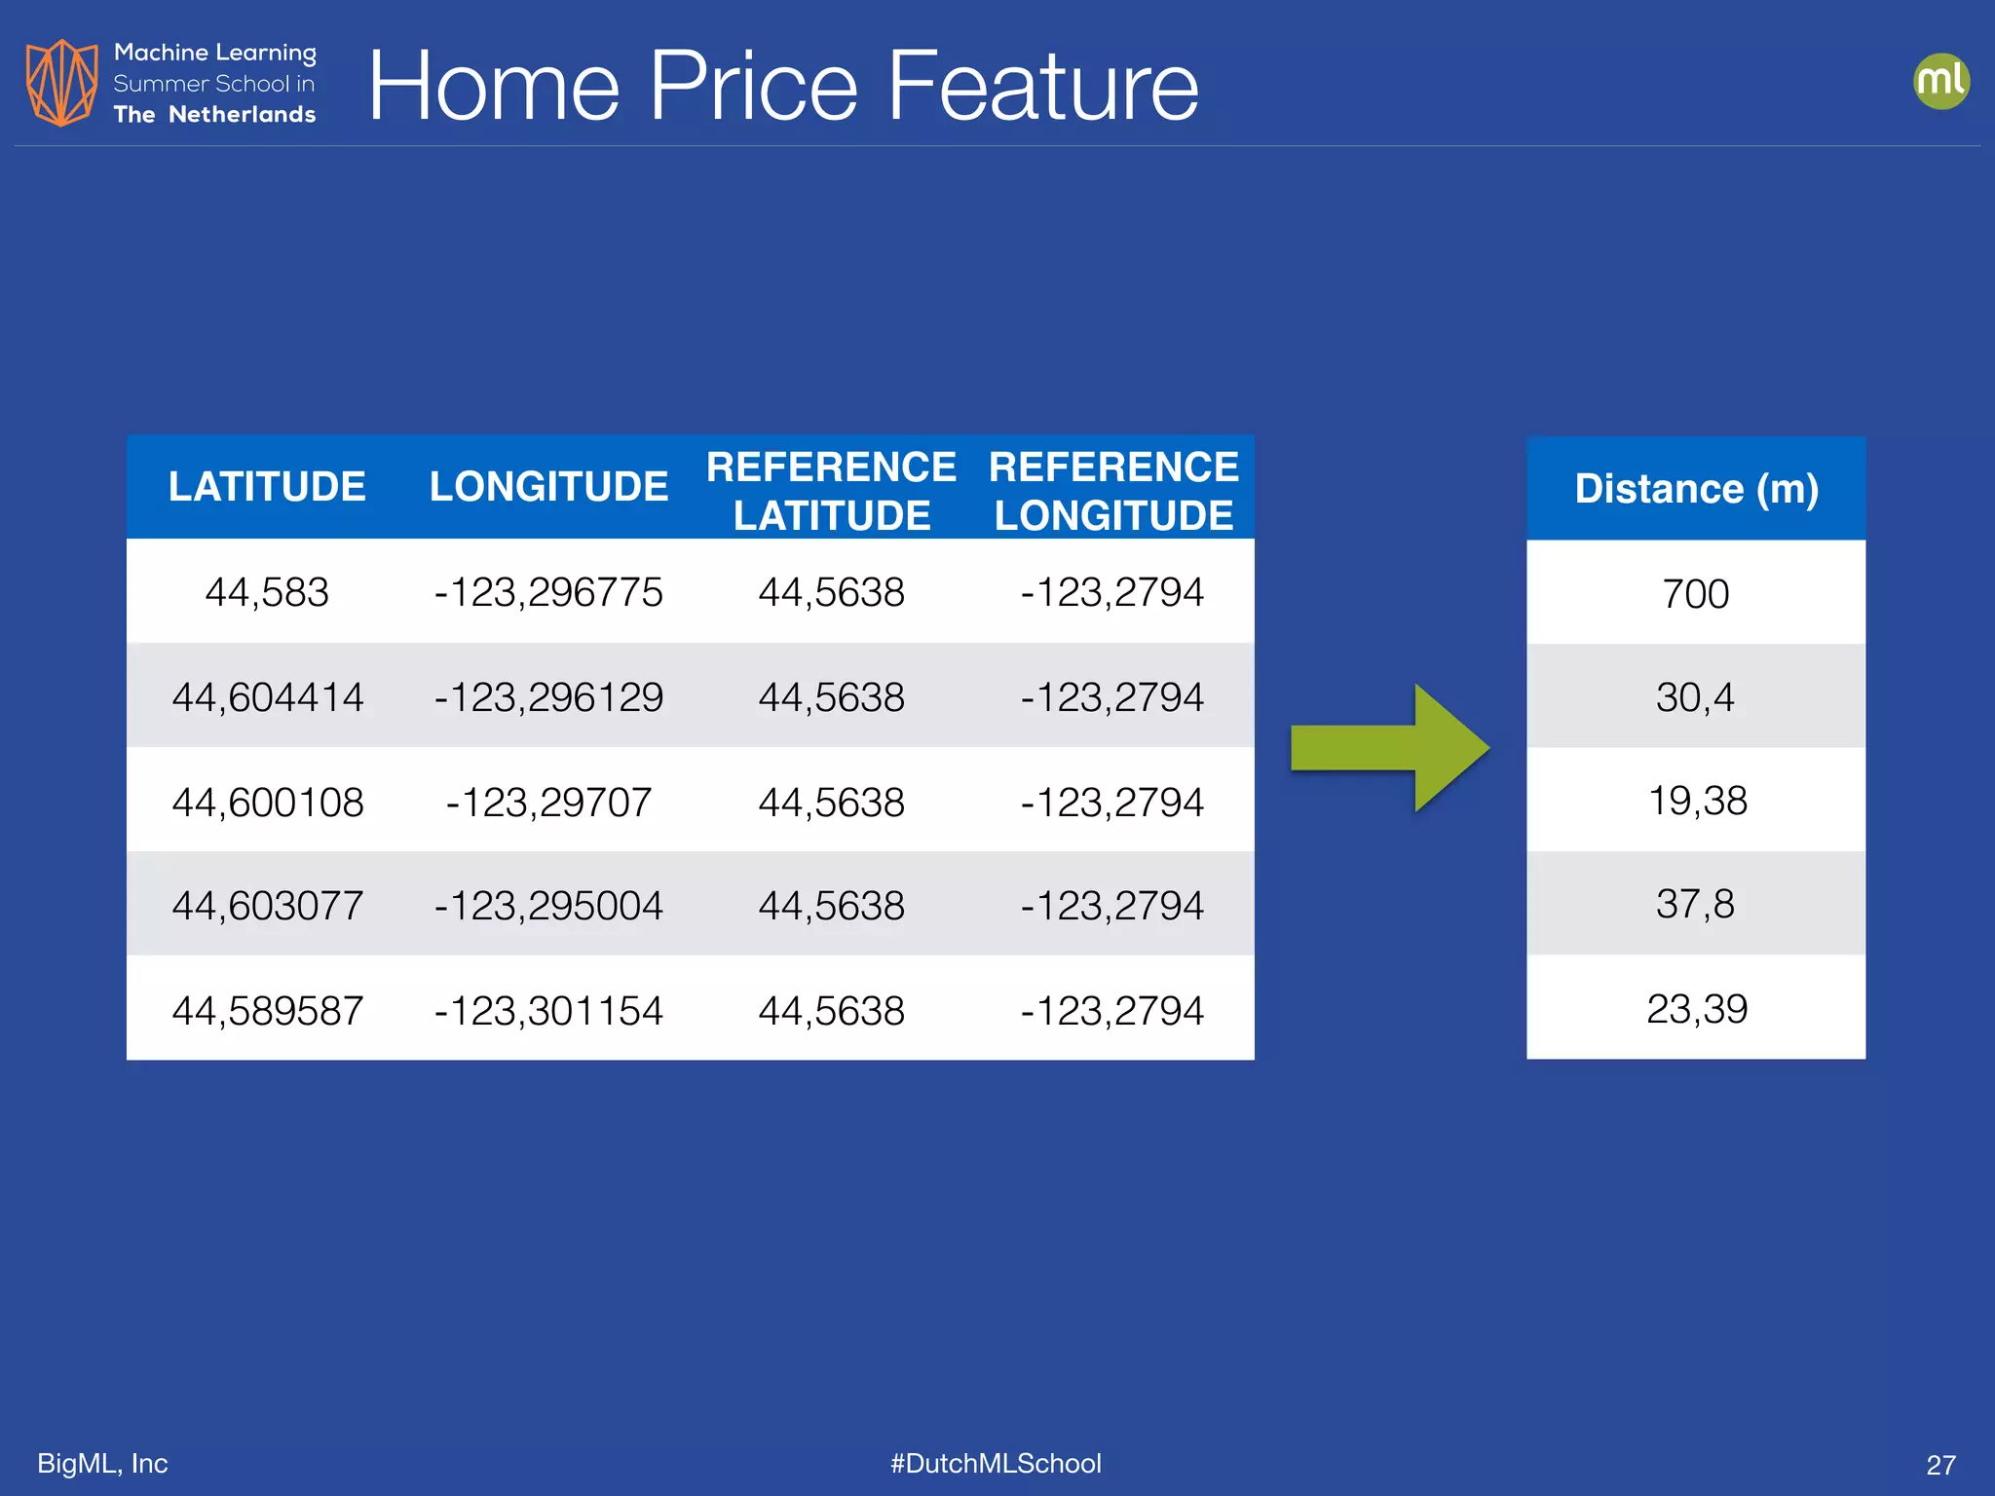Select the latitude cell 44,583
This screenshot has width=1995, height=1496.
point(267,592)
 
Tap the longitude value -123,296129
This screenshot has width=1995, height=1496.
point(548,697)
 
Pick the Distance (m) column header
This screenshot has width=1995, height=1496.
point(1696,488)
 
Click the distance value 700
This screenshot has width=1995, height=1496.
point(1696,594)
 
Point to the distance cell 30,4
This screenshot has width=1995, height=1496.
point(1696,697)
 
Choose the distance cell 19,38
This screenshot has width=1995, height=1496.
point(1697,801)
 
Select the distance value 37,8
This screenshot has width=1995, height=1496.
point(1696,904)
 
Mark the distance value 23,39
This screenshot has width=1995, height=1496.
point(1697,1009)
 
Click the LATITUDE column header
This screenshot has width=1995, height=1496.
point(267,486)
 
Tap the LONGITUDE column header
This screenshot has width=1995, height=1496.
point(548,486)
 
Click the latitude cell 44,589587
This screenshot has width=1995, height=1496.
point(267,1011)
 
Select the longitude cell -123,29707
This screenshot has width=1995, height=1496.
point(548,803)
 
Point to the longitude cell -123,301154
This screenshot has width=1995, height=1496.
point(548,1011)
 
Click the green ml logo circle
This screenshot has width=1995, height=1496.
point(1940,81)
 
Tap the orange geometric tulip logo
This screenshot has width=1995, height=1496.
point(61,83)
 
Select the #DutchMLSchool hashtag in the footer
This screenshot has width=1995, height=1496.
point(996,1463)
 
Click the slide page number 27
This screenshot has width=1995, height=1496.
point(1940,1465)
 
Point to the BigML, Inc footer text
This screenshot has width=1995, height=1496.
point(102,1463)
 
